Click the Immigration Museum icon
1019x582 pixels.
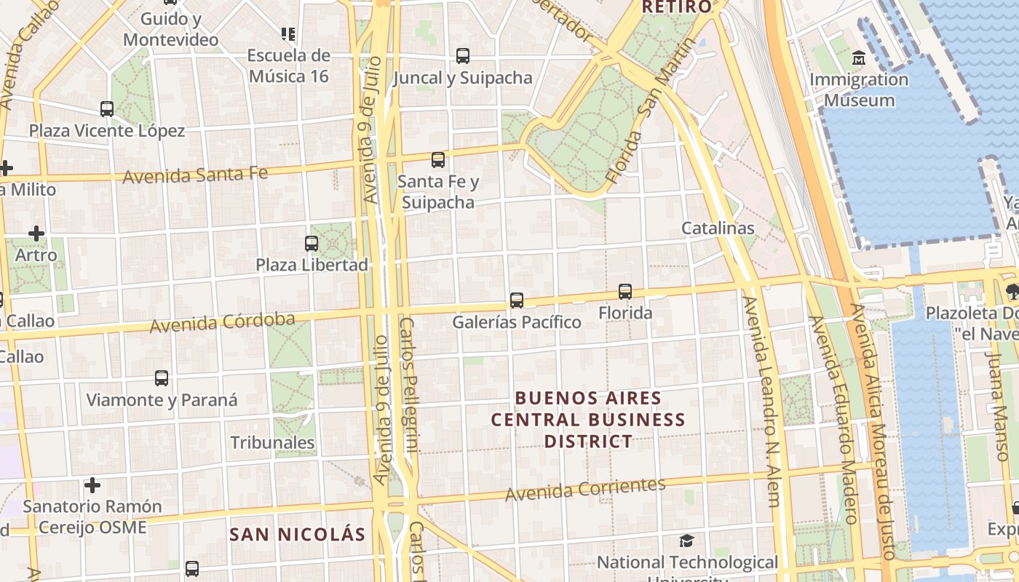pos(859,57)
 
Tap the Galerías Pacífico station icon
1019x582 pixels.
pos(517,300)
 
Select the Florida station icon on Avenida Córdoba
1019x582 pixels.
pos(625,292)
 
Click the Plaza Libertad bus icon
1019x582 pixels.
pos(312,243)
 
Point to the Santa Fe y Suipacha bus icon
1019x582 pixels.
pos(437,160)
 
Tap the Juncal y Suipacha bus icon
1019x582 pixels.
pos(462,55)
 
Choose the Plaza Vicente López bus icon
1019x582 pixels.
pos(107,109)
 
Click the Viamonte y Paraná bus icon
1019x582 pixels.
pos(162,378)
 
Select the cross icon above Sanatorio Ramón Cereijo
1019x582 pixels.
pos(92,485)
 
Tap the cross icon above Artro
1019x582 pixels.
pos(36,234)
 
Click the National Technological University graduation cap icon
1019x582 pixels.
pos(686,541)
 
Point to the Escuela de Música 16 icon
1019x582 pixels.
pos(288,33)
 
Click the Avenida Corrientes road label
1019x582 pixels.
pos(585,490)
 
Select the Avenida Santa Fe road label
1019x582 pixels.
pos(195,175)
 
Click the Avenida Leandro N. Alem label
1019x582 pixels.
pos(761,400)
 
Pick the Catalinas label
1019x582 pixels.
pos(718,228)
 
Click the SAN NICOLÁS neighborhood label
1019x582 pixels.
pos(297,535)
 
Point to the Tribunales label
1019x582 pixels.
pos(272,442)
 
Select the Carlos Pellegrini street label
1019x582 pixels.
pos(409,386)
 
